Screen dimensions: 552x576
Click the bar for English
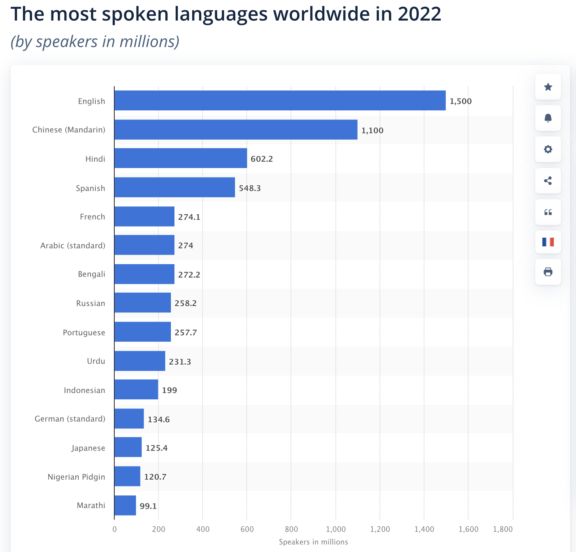coord(280,100)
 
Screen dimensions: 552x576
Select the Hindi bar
coord(180,158)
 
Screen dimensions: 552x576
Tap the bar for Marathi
coord(125,505)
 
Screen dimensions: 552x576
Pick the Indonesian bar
coord(136,389)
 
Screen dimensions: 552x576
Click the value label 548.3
coord(250,188)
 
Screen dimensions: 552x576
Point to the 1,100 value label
coord(372,130)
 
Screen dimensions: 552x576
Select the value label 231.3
coord(180,361)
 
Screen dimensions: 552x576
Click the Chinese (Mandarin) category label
coord(69,130)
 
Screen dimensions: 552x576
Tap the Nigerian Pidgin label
coord(76,476)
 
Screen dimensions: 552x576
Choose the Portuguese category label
coord(84,332)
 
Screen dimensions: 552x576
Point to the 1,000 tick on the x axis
coord(336,529)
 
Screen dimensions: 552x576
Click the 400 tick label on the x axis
coord(203,529)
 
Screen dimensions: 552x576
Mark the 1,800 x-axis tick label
coord(503,529)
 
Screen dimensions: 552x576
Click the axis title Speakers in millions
coord(313,542)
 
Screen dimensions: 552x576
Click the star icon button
coord(548,87)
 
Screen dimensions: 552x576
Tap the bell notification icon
coord(548,118)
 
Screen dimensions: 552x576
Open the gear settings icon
coord(548,149)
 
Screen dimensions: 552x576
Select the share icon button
coord(548,181)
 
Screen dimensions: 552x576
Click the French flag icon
coord(548,242)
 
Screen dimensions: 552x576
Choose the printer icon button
coord(548,272)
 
